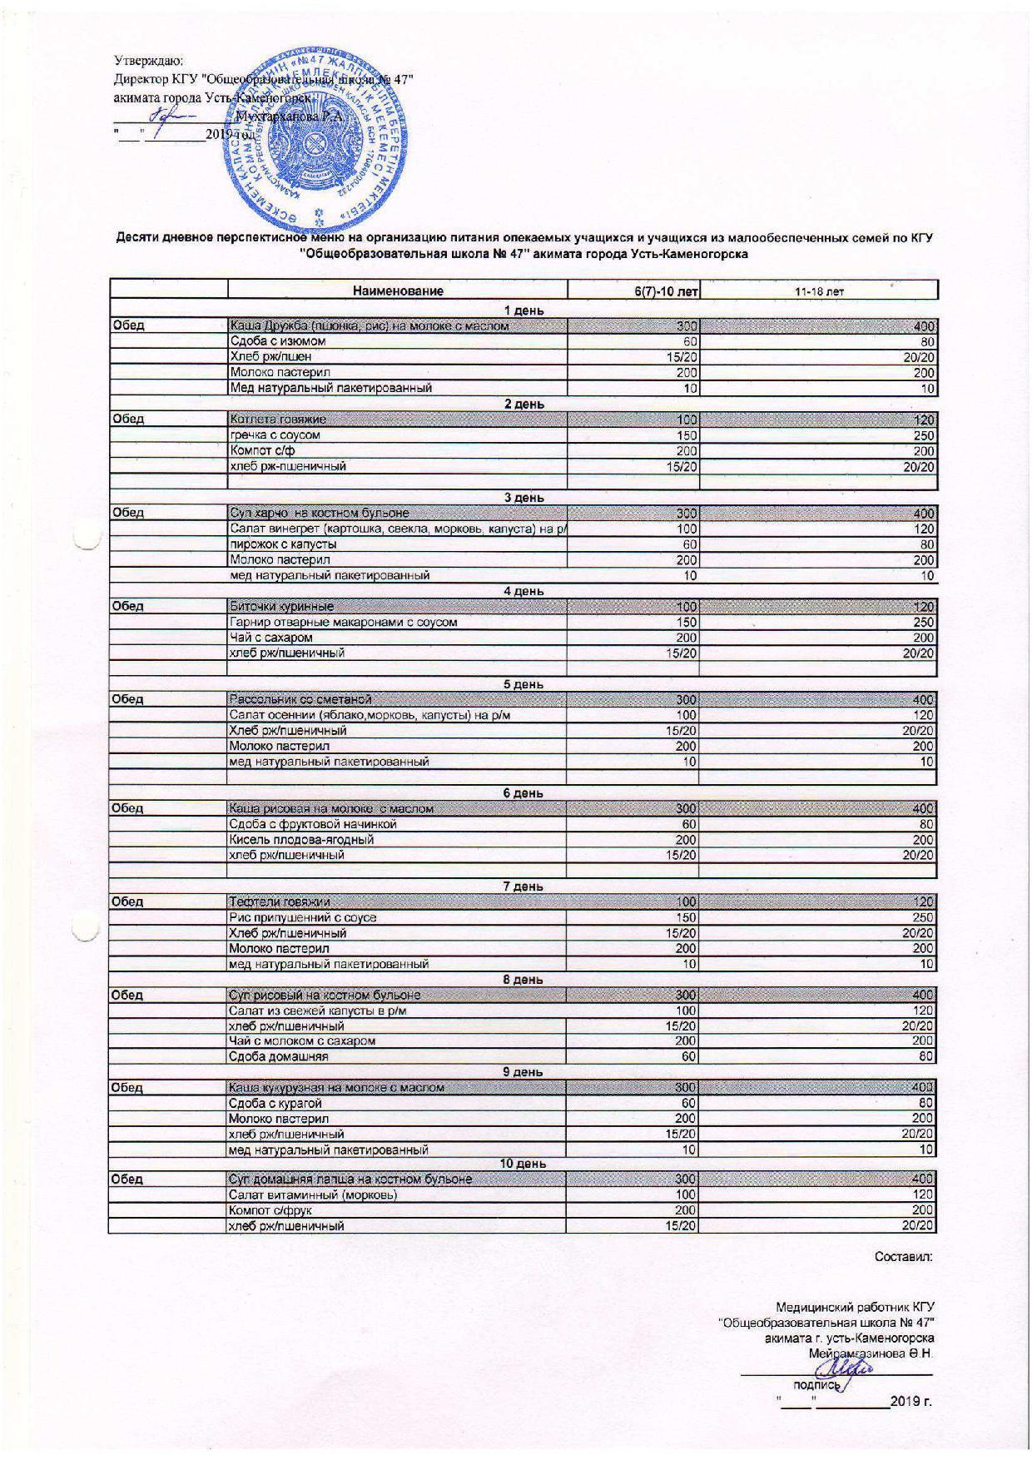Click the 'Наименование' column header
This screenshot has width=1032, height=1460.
tap(398, 291)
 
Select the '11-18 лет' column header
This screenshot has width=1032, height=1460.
tap(819, 291)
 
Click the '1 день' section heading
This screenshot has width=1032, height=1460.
tap(523, 310)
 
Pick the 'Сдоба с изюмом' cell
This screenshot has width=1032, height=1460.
tap(278, 341)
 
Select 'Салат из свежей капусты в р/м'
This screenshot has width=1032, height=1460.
tap(317, 1011)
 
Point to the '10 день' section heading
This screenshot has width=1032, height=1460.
tap(523, 1164)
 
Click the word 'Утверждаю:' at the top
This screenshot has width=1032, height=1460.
tap(148, 61)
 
